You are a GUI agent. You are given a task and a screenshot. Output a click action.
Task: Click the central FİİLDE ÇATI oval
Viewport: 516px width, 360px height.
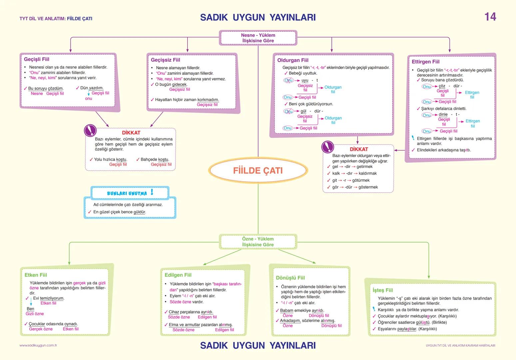point(258,171)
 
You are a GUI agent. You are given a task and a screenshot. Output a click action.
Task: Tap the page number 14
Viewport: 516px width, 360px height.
point(490,17)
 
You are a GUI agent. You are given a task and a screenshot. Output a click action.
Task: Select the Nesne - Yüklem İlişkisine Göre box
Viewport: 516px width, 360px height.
point(258,38)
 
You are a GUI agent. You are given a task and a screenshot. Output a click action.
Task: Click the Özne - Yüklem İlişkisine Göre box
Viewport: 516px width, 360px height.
point(258,242)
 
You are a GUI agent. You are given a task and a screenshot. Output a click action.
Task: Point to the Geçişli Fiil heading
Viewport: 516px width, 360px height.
point(37,59)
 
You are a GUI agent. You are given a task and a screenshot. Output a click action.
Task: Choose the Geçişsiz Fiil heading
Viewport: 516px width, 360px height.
point(166,60)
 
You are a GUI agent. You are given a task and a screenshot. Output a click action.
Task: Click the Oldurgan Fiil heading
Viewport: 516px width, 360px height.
point(293,60)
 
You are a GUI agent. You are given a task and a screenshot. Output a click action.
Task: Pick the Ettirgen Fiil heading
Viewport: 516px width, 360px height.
point(425,62)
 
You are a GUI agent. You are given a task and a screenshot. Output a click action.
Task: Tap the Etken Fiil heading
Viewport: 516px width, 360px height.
point(36,275)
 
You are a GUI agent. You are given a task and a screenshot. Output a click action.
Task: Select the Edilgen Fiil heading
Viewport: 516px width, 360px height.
point(178,275)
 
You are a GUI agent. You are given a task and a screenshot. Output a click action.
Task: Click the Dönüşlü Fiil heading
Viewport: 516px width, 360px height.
point(290,278)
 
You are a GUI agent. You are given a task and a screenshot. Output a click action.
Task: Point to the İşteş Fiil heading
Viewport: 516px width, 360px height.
point(383,290)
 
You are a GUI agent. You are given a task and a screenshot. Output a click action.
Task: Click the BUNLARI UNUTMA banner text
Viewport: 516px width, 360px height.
point(127,193)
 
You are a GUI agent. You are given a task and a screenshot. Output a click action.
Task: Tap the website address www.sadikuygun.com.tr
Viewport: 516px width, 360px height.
point(38,346)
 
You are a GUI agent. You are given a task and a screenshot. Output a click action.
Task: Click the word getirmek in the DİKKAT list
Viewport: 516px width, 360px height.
point(364,167)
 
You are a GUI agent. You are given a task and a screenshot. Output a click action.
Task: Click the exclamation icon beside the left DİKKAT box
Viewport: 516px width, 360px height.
point(90,130)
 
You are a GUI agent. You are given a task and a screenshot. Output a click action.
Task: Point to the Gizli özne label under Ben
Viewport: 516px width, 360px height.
point(35,314)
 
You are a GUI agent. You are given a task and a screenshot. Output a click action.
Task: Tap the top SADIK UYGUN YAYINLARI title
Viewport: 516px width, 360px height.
point(258,17)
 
